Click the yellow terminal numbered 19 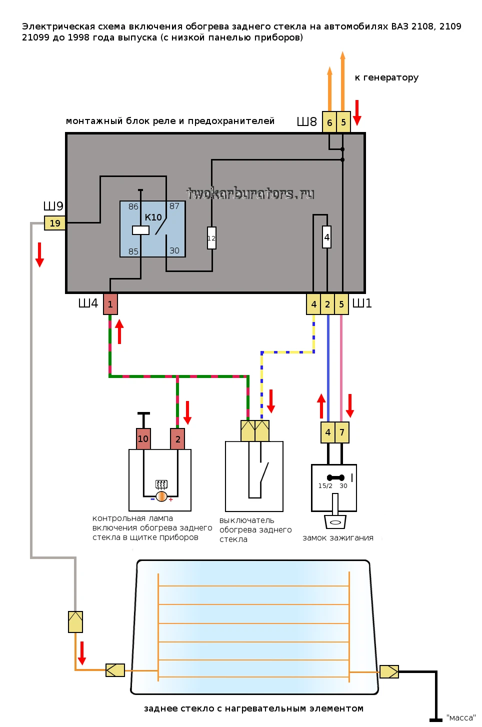pyautogui.click(x=54, y=223)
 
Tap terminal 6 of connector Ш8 pyautogui.click(x=329, y=122)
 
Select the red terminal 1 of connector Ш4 pyautogui.click(x=110, y=304)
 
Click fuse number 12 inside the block pyautogui.click(x=211, y=238)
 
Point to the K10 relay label pyautogui.click(x=153, y=217)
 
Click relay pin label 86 pyautogui.click(x=133, y=206)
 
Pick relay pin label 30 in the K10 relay pyautogui.click(x=174, y=250)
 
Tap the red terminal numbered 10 pyautogui.click(x=143, y=439)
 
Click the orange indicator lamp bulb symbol pyautogui.click(x=161, y=496)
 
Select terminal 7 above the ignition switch pyautogui.click(x=342, y=432)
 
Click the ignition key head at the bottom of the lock pyautogui.click(x=335, y=522)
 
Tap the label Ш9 pyautogui.click(x=53, y=206)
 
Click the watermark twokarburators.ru pyautogui.click(x=250, y=194)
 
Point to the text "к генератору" pyautogui.click(x=386, y=77)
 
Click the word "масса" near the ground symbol pyautogui.click(x=461, y=717)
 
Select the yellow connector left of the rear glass pyautogui.click(x=115, y=670)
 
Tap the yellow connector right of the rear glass pyautogui.click(x=389, y=672)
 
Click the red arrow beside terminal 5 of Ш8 pyautogui.click(x=357, y=112)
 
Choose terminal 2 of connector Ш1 pyautogui.click(x=327, y=304)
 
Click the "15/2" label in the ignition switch pyautogui.click(x=325, y=486)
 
